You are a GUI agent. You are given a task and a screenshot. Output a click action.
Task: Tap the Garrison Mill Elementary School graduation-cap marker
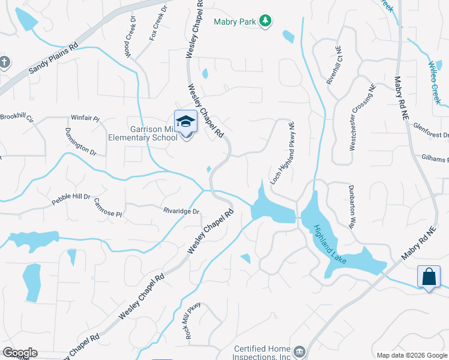[186, 121]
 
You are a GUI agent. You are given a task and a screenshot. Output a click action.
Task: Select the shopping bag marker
[429, 277]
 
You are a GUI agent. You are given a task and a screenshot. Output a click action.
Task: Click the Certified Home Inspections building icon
[299, 350]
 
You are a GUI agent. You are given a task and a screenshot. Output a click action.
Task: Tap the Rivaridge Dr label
[181, 211]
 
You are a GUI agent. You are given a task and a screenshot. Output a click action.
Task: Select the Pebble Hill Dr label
[70, 197]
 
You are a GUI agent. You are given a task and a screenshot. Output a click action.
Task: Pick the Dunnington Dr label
[80, 142]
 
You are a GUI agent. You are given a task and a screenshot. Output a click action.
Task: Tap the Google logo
[20, 353]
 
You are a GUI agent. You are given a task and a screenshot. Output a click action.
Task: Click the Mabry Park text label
[235, 22]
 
